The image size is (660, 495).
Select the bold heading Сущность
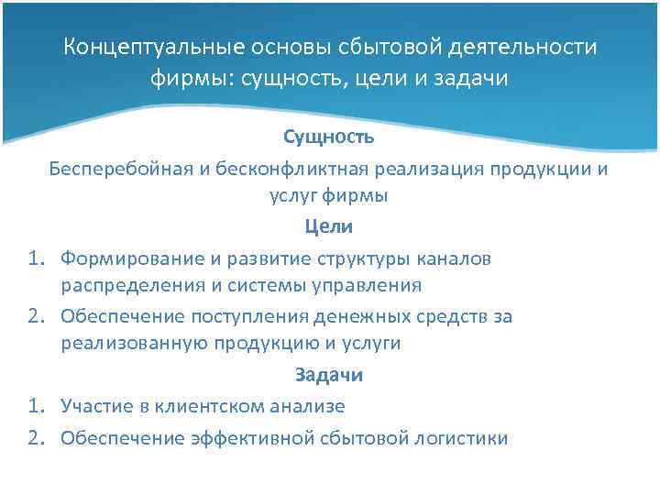tap(328, 137)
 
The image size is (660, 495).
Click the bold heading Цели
tap(329, 225)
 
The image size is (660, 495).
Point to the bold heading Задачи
tap(329, 374)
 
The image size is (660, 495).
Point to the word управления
tap(370, 285)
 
